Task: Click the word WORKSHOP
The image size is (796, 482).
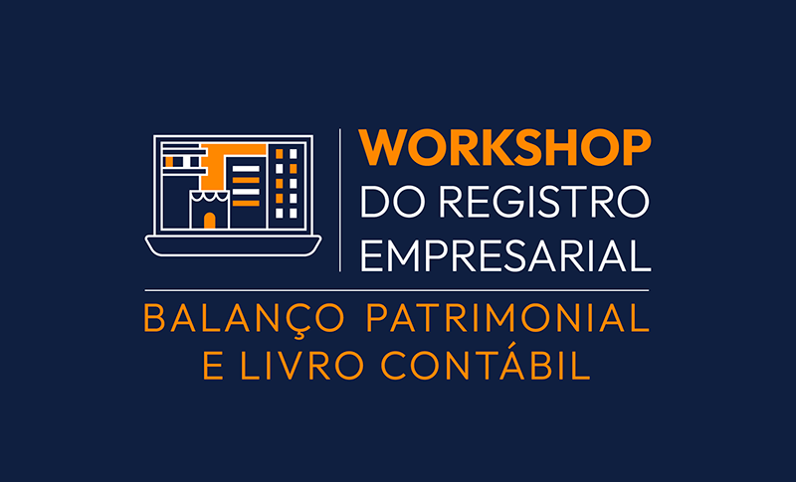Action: pyautogui.click(x=505, y=148)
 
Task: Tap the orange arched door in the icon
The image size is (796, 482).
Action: pyautogui.click(x=209, y=220)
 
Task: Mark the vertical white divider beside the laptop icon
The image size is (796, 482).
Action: pyautogui.click(x=341, y=199)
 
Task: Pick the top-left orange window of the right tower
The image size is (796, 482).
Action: pyautogui.click(x=280, y=154)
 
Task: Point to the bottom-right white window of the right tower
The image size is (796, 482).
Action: pyautogui.click(x=293, y=212)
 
